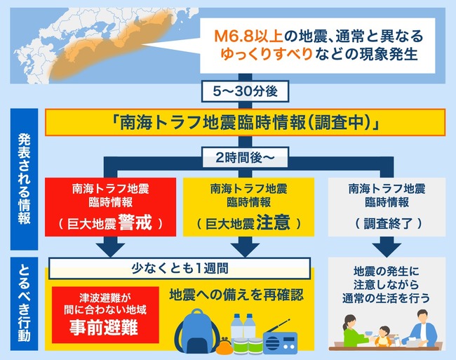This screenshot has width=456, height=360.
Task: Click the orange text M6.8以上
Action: [x=248, y=36]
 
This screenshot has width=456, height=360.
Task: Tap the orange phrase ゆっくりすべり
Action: [x=267, y=54]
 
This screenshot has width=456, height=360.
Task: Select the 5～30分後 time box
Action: [x=245, y=91]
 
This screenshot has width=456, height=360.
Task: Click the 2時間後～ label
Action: [x=245, y=158]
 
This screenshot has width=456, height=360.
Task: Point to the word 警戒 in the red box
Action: [x=135, y=222]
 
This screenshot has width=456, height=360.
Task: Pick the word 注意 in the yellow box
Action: [x=274, y=222]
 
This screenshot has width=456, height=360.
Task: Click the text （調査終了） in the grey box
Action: [x=388, y=224]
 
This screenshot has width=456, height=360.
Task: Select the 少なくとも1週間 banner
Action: [x=180, y=268]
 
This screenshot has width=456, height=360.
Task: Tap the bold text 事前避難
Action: [x=104, y=328]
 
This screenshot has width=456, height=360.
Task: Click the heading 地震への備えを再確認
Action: [x=236, y=295]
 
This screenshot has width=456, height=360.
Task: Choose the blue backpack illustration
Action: [x=197, y=331]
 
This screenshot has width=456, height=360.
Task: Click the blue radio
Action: [x=279, y=338]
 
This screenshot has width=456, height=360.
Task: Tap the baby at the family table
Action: [x=383, y=336]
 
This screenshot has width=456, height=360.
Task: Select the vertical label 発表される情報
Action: [x=24, y=179]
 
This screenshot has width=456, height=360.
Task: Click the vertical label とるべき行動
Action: [x=24, y=304]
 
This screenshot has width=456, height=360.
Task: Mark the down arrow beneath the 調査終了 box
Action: [x=387, y=246]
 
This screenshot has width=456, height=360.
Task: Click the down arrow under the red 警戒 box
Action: [x=111, y=246]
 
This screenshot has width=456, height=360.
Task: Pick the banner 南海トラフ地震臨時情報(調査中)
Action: [x=245, y=122]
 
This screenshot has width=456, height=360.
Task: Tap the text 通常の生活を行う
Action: [x=386, y=298]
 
